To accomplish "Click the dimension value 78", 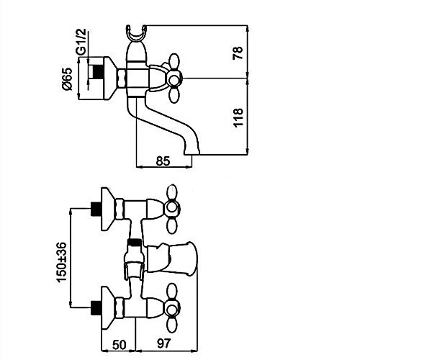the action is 238,53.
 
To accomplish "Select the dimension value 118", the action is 238,117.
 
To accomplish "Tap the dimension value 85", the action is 163,161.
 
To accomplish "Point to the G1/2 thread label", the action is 81,41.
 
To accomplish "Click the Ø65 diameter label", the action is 67,79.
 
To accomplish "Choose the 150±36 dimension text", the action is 61,262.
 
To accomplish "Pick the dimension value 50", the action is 120,345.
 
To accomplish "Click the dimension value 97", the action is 164,343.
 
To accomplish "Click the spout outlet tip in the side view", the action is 192,153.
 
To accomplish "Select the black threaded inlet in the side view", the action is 98,71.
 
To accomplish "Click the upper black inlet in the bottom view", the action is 96,209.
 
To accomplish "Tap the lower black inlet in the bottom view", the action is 96,307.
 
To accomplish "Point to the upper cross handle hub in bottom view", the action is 172,208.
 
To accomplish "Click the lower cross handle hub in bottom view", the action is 172,308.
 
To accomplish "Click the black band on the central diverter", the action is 135,243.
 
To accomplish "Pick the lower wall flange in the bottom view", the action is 108,308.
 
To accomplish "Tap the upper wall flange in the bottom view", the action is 108,209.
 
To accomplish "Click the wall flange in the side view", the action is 110,78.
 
